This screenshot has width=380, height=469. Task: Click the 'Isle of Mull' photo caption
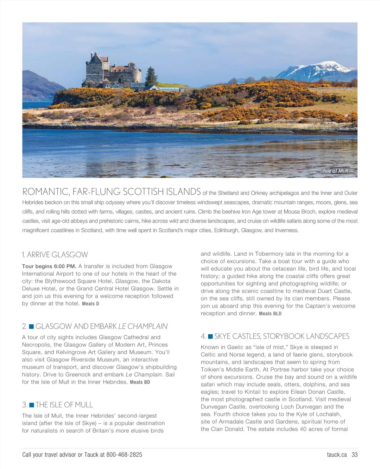[335, 171]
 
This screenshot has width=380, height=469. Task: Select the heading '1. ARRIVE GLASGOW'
[55, 255]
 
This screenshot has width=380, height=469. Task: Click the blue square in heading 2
[31, 326]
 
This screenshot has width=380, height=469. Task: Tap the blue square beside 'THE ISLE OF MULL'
[31, 405]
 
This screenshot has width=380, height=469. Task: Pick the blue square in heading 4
[210, 336]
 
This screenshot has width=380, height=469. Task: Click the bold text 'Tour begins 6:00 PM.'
[49, 266]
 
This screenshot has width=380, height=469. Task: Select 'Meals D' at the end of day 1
[91, 304]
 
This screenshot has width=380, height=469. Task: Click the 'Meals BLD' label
[270, 314]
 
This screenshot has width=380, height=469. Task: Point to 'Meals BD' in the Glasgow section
[140, 382]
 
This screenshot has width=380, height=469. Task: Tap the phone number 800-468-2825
[124, 455]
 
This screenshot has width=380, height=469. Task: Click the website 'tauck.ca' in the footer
[337, 455]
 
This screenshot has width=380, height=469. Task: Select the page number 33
[355, 455]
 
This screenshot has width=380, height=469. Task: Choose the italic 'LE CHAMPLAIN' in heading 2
[143, 326]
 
